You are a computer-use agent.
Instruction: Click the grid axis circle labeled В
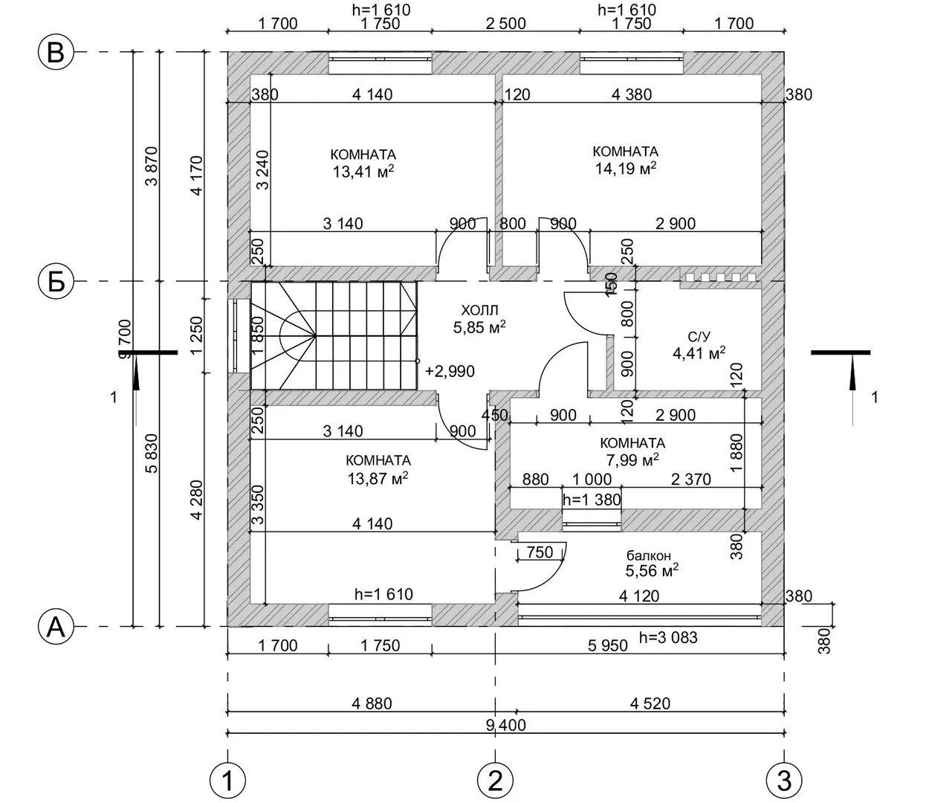(x=56, y=53)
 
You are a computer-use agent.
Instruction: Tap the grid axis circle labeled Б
(x=56, y=282)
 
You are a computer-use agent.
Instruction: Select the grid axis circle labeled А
(x=56, y=627)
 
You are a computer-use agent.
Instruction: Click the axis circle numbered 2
(x=495, y=780)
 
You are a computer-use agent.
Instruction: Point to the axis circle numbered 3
(x=784, y=780)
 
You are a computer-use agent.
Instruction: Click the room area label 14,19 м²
(x=626, y=169)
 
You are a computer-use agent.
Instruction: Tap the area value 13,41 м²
(x=363, y=172)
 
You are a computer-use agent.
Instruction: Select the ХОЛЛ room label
(x=479, y=309)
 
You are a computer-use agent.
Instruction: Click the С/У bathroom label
(x=699, y=337)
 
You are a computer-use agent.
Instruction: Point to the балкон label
(x=648, y=555)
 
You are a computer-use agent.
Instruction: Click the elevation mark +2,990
(x=450, y=371)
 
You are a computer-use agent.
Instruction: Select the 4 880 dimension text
(x=372, y=703)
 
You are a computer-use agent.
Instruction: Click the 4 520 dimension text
(x=650, y=703)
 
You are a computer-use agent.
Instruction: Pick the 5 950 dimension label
(x=607, y=645)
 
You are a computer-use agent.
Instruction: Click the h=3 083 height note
(x=668, y=637)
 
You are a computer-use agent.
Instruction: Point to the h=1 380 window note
(x=592, y=499)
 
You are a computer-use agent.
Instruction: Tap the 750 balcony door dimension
(x=540, y=552)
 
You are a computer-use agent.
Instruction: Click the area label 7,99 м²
(x=632, y=459)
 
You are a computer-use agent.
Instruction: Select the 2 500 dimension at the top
(x=506, y=23)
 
